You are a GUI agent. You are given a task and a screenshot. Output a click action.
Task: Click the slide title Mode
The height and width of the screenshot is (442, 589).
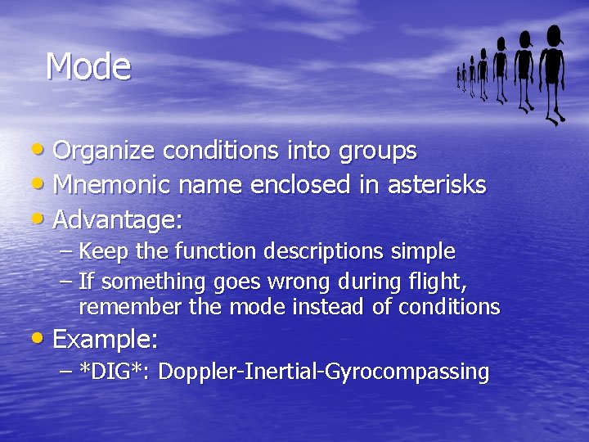pos(88,66)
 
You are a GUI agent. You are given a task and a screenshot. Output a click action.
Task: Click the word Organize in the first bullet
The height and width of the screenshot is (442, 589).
pos(104,151)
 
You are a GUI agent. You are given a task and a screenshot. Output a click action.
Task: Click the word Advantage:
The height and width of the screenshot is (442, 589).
pos(118,220)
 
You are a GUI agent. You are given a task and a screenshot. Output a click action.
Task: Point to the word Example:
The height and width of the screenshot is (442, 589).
pos(105,338)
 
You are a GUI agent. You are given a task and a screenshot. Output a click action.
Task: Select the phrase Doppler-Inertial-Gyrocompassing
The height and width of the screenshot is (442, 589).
pos(323,372)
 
